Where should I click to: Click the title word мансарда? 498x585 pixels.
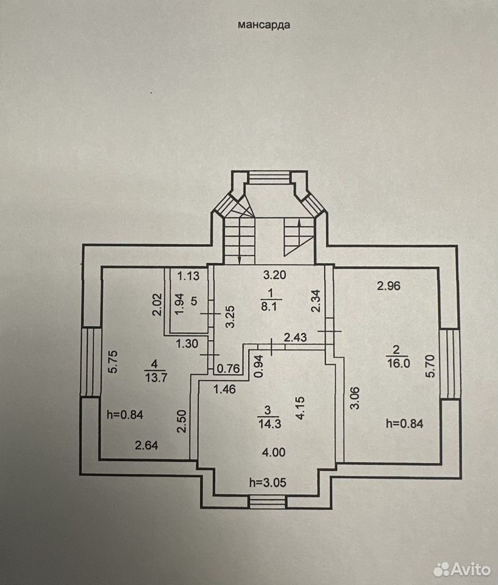point(264,25)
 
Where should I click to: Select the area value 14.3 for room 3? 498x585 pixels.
point(269,424)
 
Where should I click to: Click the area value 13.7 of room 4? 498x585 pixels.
point(156,377)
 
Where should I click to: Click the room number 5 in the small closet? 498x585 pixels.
point(194,300)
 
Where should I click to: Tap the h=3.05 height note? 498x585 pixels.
point(268,483)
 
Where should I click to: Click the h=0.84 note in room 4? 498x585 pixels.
point(125,414)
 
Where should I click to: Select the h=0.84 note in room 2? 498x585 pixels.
point(404,424)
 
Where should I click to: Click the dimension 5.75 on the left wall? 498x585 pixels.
point(113,361)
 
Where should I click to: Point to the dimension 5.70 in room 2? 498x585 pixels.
point(430,366)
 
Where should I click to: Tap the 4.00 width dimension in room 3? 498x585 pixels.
point(274,452)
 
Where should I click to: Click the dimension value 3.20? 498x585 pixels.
point(274,275)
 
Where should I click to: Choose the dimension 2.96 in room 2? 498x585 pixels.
point(388,286)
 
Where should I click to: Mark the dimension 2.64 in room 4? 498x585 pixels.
point(146,445)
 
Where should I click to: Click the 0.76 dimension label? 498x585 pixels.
point(228,369)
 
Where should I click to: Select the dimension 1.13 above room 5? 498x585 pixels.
point(188,276)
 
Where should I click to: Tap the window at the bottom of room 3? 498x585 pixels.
point(268,502)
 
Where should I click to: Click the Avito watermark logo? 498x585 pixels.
point(462,569)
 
